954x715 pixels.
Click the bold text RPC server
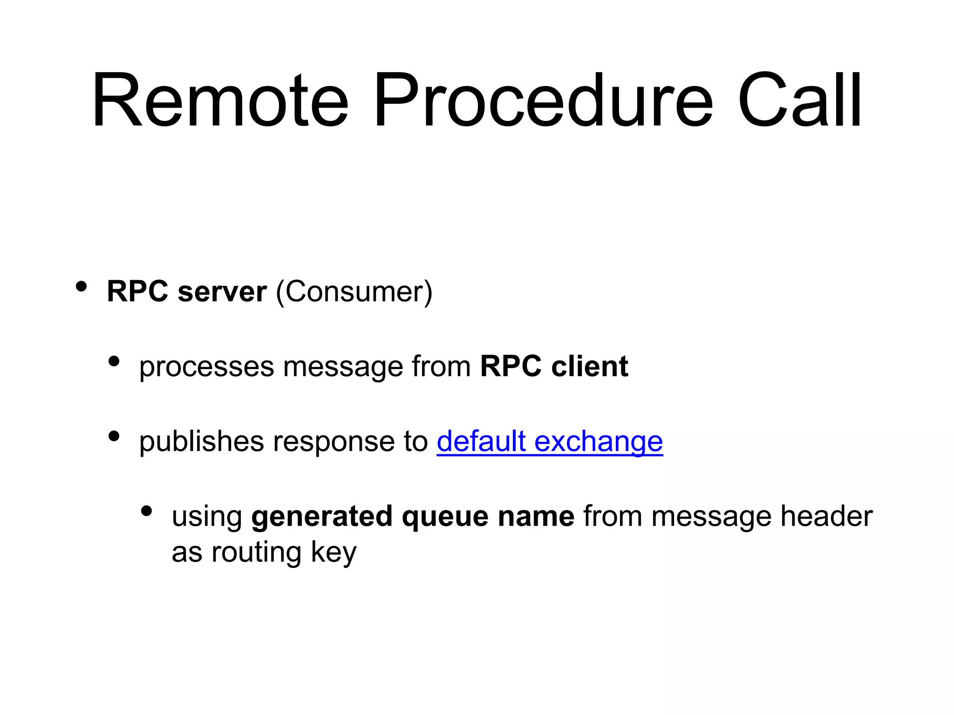[187, 292]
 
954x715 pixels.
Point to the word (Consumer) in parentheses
[354, 292]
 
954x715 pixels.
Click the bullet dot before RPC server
[82, 287]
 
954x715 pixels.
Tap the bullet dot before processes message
[114, 361]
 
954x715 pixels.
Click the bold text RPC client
[554, 366]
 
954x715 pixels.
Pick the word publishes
[201, 441]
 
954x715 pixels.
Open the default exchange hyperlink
[550, 441]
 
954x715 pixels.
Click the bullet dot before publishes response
[114, 436]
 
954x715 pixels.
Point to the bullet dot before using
[146, 511]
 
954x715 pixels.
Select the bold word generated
[321, 517]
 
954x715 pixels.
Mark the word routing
[256, 553]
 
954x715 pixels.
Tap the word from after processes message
[441, 366]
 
